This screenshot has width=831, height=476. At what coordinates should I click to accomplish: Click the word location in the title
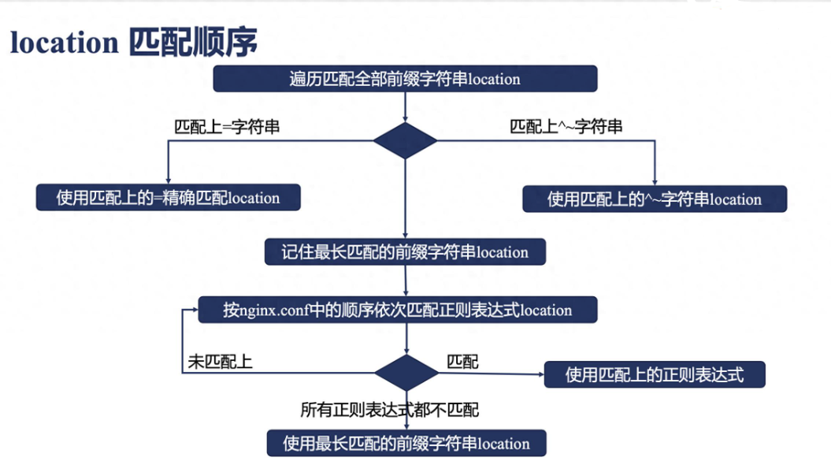64,43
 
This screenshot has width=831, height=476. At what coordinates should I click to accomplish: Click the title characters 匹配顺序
194,41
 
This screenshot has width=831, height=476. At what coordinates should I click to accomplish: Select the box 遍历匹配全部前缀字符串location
405,79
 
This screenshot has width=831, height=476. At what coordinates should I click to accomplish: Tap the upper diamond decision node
405,140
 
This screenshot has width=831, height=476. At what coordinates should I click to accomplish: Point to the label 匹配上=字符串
227,127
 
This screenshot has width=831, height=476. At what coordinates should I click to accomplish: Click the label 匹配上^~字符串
566,127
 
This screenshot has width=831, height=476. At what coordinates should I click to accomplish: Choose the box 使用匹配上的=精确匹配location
168,198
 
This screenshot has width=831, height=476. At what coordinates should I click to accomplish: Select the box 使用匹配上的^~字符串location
655,199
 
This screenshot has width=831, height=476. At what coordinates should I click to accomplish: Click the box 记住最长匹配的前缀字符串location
405,251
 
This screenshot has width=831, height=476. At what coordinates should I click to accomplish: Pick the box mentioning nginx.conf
398,310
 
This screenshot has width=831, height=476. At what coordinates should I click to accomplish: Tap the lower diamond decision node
406,373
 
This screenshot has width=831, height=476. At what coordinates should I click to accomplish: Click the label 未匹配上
220,362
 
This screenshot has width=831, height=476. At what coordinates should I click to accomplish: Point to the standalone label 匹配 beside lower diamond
462,362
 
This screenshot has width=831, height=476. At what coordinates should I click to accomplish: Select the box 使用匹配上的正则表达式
655,375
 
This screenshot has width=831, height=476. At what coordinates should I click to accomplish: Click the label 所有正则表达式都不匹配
390,410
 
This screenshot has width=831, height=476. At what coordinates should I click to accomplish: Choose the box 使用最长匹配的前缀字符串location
406,443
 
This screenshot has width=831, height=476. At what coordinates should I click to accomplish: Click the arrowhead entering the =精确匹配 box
169,181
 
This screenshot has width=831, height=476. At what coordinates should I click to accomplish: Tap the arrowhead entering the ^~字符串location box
655,182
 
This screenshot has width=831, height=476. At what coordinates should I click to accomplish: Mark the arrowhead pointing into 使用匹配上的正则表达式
541,374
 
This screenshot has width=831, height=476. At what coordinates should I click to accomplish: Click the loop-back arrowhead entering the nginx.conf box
195,310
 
